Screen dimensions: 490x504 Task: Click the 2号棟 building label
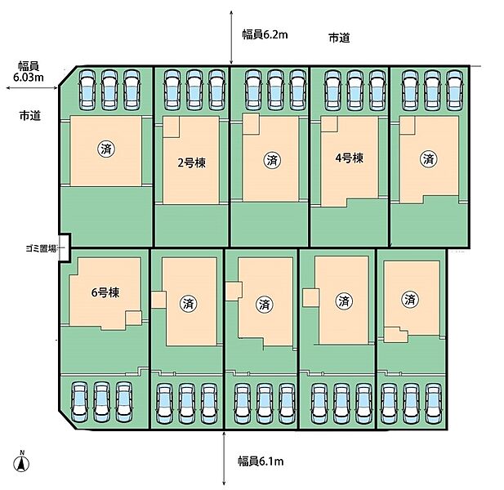click(191, 162)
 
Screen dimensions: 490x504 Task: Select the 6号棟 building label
click(105, 292)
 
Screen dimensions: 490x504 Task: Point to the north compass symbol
click(23, 463)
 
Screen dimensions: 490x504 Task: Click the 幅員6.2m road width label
click(264, 34)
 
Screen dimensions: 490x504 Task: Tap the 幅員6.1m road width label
click(260, 462)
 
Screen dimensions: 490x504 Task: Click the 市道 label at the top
click(339, 38)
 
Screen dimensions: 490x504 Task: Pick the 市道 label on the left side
click(30, 117)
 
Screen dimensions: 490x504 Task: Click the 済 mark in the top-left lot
click(106, 149)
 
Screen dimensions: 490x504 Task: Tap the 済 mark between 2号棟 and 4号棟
click(271, 160)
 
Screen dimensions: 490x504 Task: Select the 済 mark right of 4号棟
click(427, 158)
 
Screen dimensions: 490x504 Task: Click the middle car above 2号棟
click(194, 89)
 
